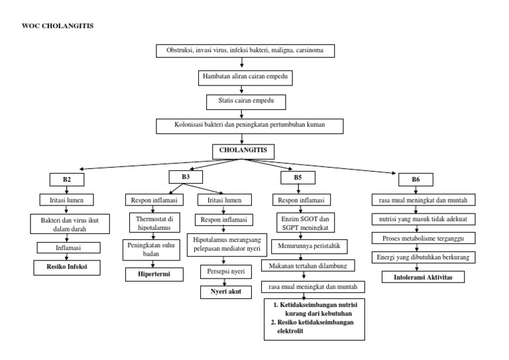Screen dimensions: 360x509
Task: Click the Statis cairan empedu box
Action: coord(245,101)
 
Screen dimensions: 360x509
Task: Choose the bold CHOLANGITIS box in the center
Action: coord(243,150)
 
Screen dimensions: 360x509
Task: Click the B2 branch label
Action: coord(66,180)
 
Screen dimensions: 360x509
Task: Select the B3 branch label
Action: coord(186,177)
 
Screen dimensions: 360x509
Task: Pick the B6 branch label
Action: coord(416,179)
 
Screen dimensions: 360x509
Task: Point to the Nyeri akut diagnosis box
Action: coord(222,292)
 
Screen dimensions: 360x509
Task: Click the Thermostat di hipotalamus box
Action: coord(150,221)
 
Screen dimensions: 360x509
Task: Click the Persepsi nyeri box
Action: coord(222,272)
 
